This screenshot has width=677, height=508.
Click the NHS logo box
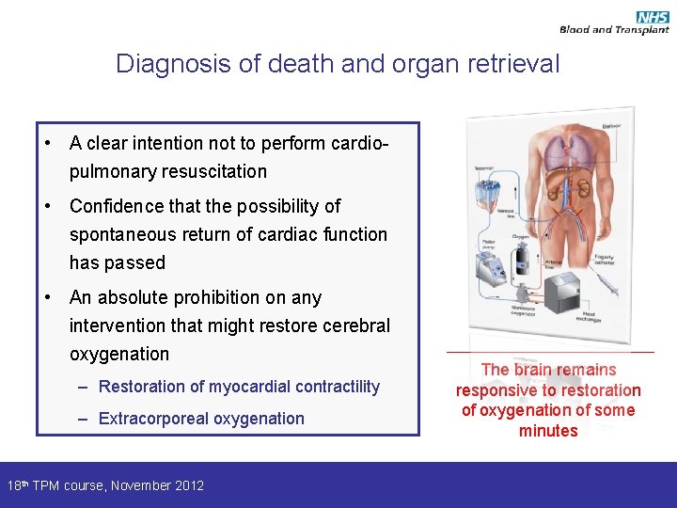(653, 17)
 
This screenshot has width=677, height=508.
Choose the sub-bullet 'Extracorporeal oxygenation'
(201, 419)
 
